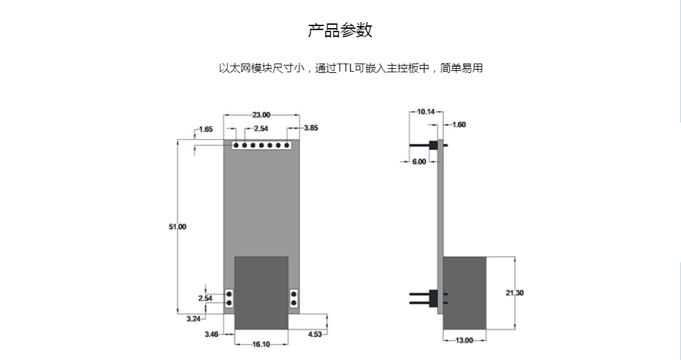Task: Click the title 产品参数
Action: [340, 30]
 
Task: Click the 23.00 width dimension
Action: [261, 115]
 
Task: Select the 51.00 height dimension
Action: [177, 227]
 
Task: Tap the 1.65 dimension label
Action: [206, 129]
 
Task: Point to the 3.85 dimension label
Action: [311, 128]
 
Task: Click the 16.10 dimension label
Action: [261, 345]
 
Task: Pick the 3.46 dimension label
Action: [212, 335]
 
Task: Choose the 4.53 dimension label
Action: [315, 335]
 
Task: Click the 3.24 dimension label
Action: [194, 319]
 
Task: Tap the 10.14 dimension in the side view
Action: [426, 112]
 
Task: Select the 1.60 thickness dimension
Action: [459, 125]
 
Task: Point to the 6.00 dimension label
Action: [419, 162]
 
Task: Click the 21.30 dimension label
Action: [515, 293]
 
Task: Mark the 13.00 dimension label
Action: [464, 341]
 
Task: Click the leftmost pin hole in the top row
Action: [236, 145]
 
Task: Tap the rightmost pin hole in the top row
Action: [287, 145]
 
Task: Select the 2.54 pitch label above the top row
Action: [261, 129]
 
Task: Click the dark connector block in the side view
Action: [465, 293]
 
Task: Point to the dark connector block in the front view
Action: [261, 293]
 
